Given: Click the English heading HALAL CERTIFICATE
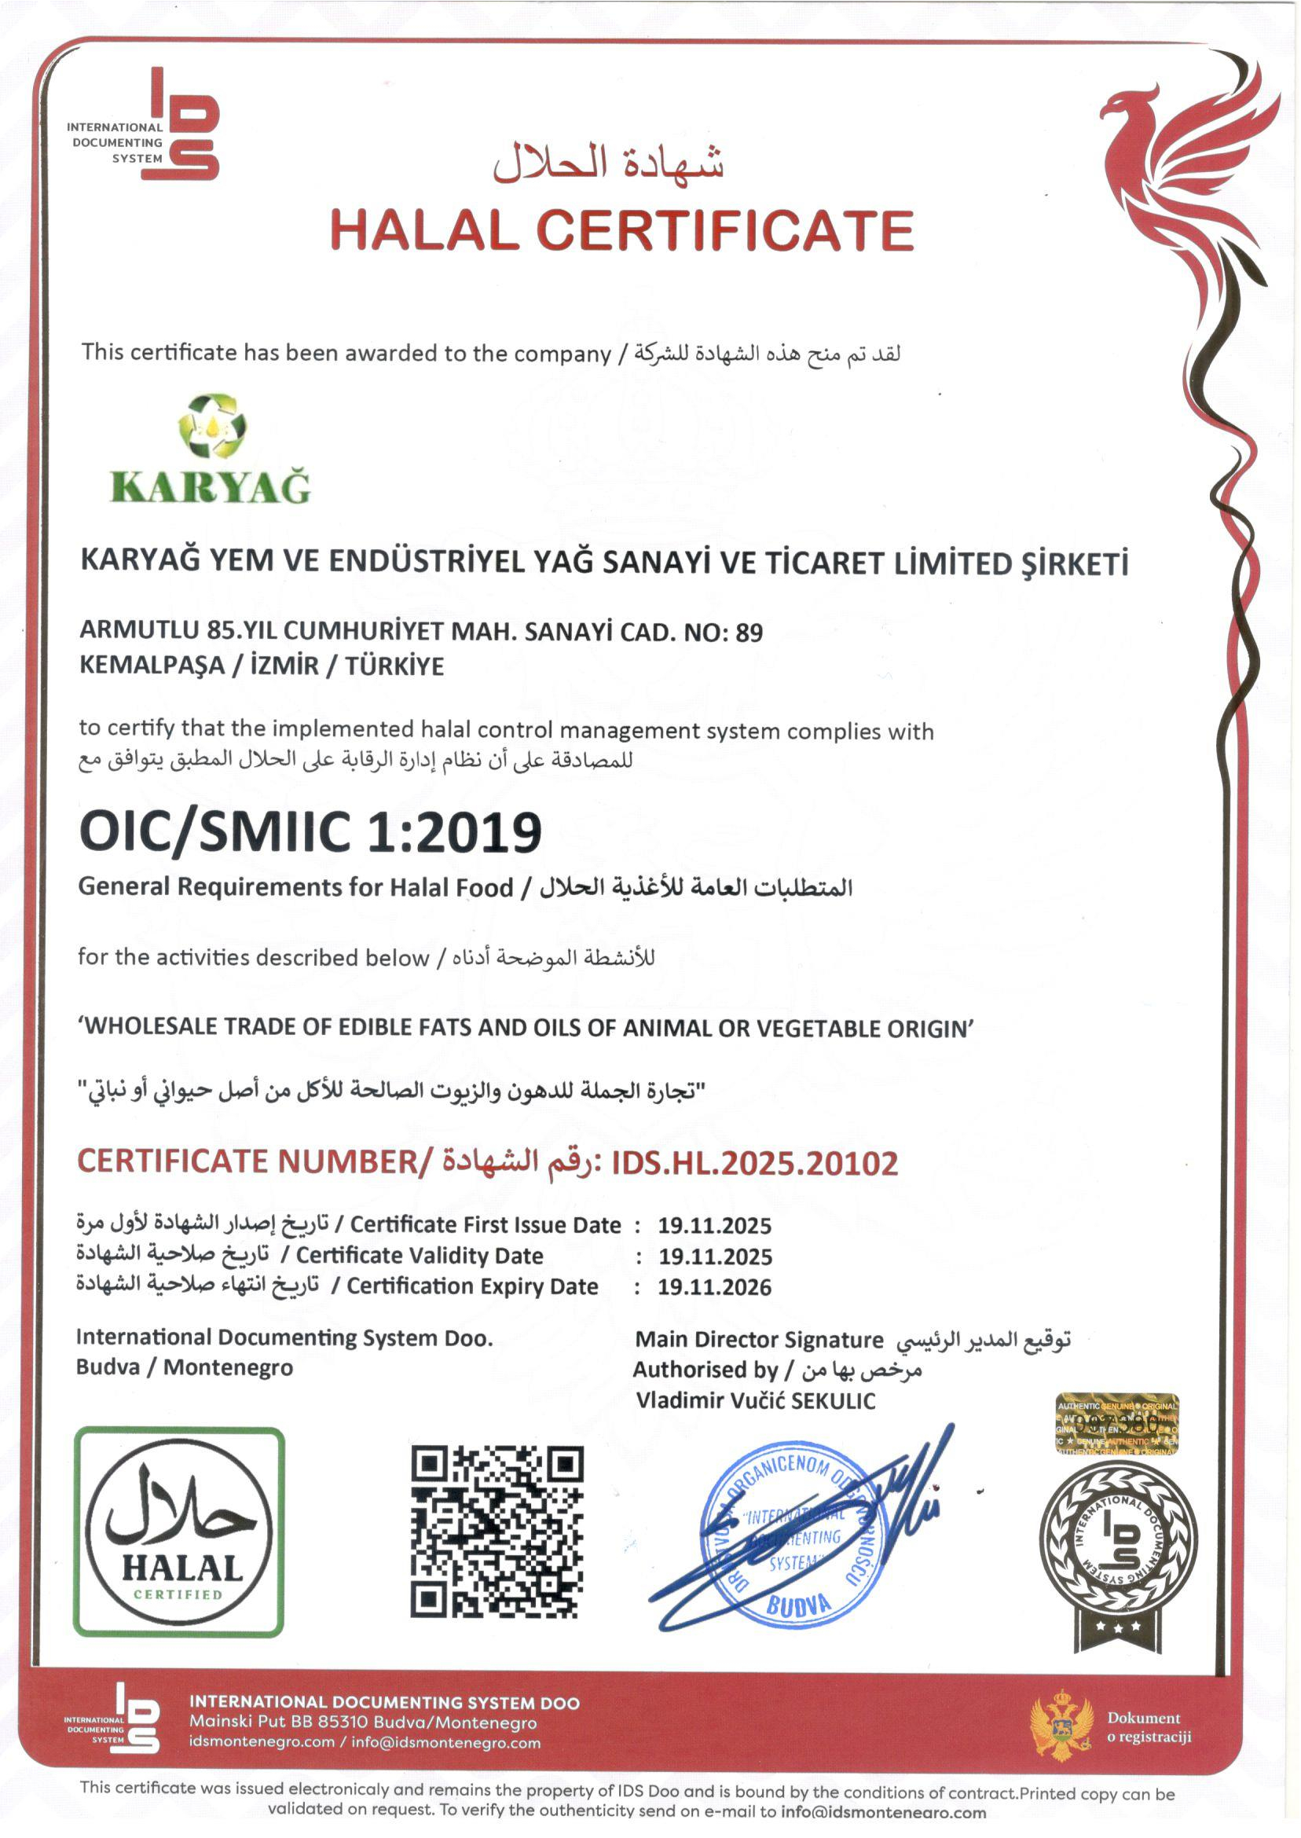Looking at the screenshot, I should tap(621, 231).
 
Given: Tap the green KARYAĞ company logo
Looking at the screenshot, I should tap(210, 449).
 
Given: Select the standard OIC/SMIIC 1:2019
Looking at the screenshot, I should tap(310, 831).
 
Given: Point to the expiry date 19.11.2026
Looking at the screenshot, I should tap(715, 1288).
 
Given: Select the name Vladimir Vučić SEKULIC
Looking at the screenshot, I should tap(756, 1401).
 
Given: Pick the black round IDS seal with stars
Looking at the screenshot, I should tap(1119, 1550).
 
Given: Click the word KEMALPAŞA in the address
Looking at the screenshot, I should tap(152, 666).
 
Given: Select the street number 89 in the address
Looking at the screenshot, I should tap(749, 633).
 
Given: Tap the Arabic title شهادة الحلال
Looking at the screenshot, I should tap(609, 163).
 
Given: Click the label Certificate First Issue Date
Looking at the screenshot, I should tap(486, 1225).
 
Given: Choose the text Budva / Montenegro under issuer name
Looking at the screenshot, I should tap(185, 1367).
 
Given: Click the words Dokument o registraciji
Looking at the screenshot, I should tap(1149, 1727).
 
